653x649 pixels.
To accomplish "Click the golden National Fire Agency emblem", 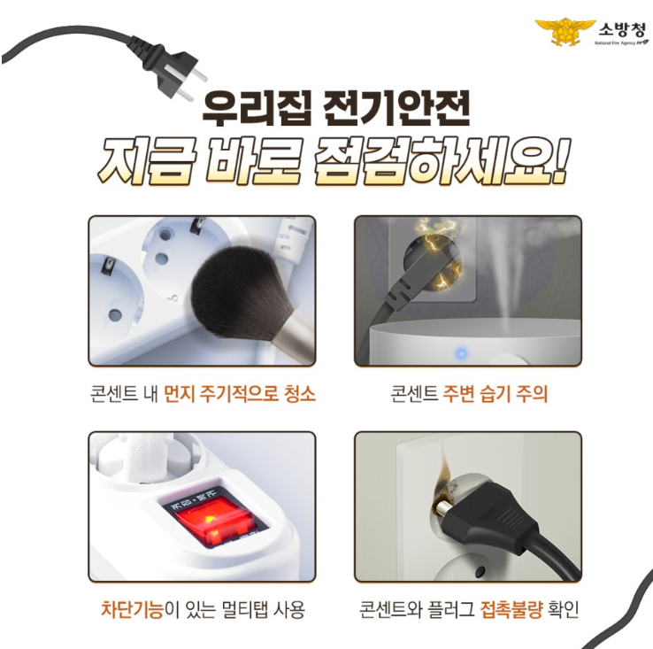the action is (x=565, y=32).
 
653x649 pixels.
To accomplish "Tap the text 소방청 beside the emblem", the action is (x=622, y=29).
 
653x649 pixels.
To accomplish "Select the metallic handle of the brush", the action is (x=294, y=338).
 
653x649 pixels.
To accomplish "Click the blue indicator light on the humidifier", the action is (x=461, y=354).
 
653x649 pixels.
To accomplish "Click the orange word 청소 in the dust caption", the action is (x=300, y=393).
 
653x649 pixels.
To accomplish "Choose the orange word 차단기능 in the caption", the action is (x=132, y=610).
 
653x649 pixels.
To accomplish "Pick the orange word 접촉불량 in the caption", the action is (x=511, y=610).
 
